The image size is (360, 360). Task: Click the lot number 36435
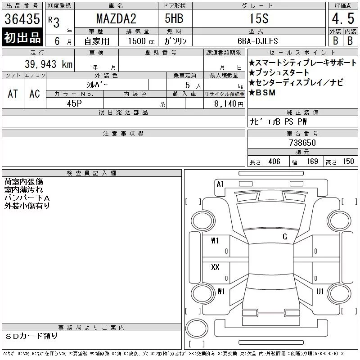(22, 19)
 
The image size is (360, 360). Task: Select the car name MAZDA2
(116, 18)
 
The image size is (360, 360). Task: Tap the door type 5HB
(174, 18)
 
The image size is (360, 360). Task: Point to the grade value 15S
(259, 18)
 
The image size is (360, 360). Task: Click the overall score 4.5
(343, 18)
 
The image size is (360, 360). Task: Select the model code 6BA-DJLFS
(257, 41)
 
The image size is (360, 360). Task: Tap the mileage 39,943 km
(49, 64)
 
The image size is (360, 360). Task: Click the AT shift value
(13, 94)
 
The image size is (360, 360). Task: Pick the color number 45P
(74, 103)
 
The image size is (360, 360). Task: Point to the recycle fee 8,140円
(229, 104)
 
